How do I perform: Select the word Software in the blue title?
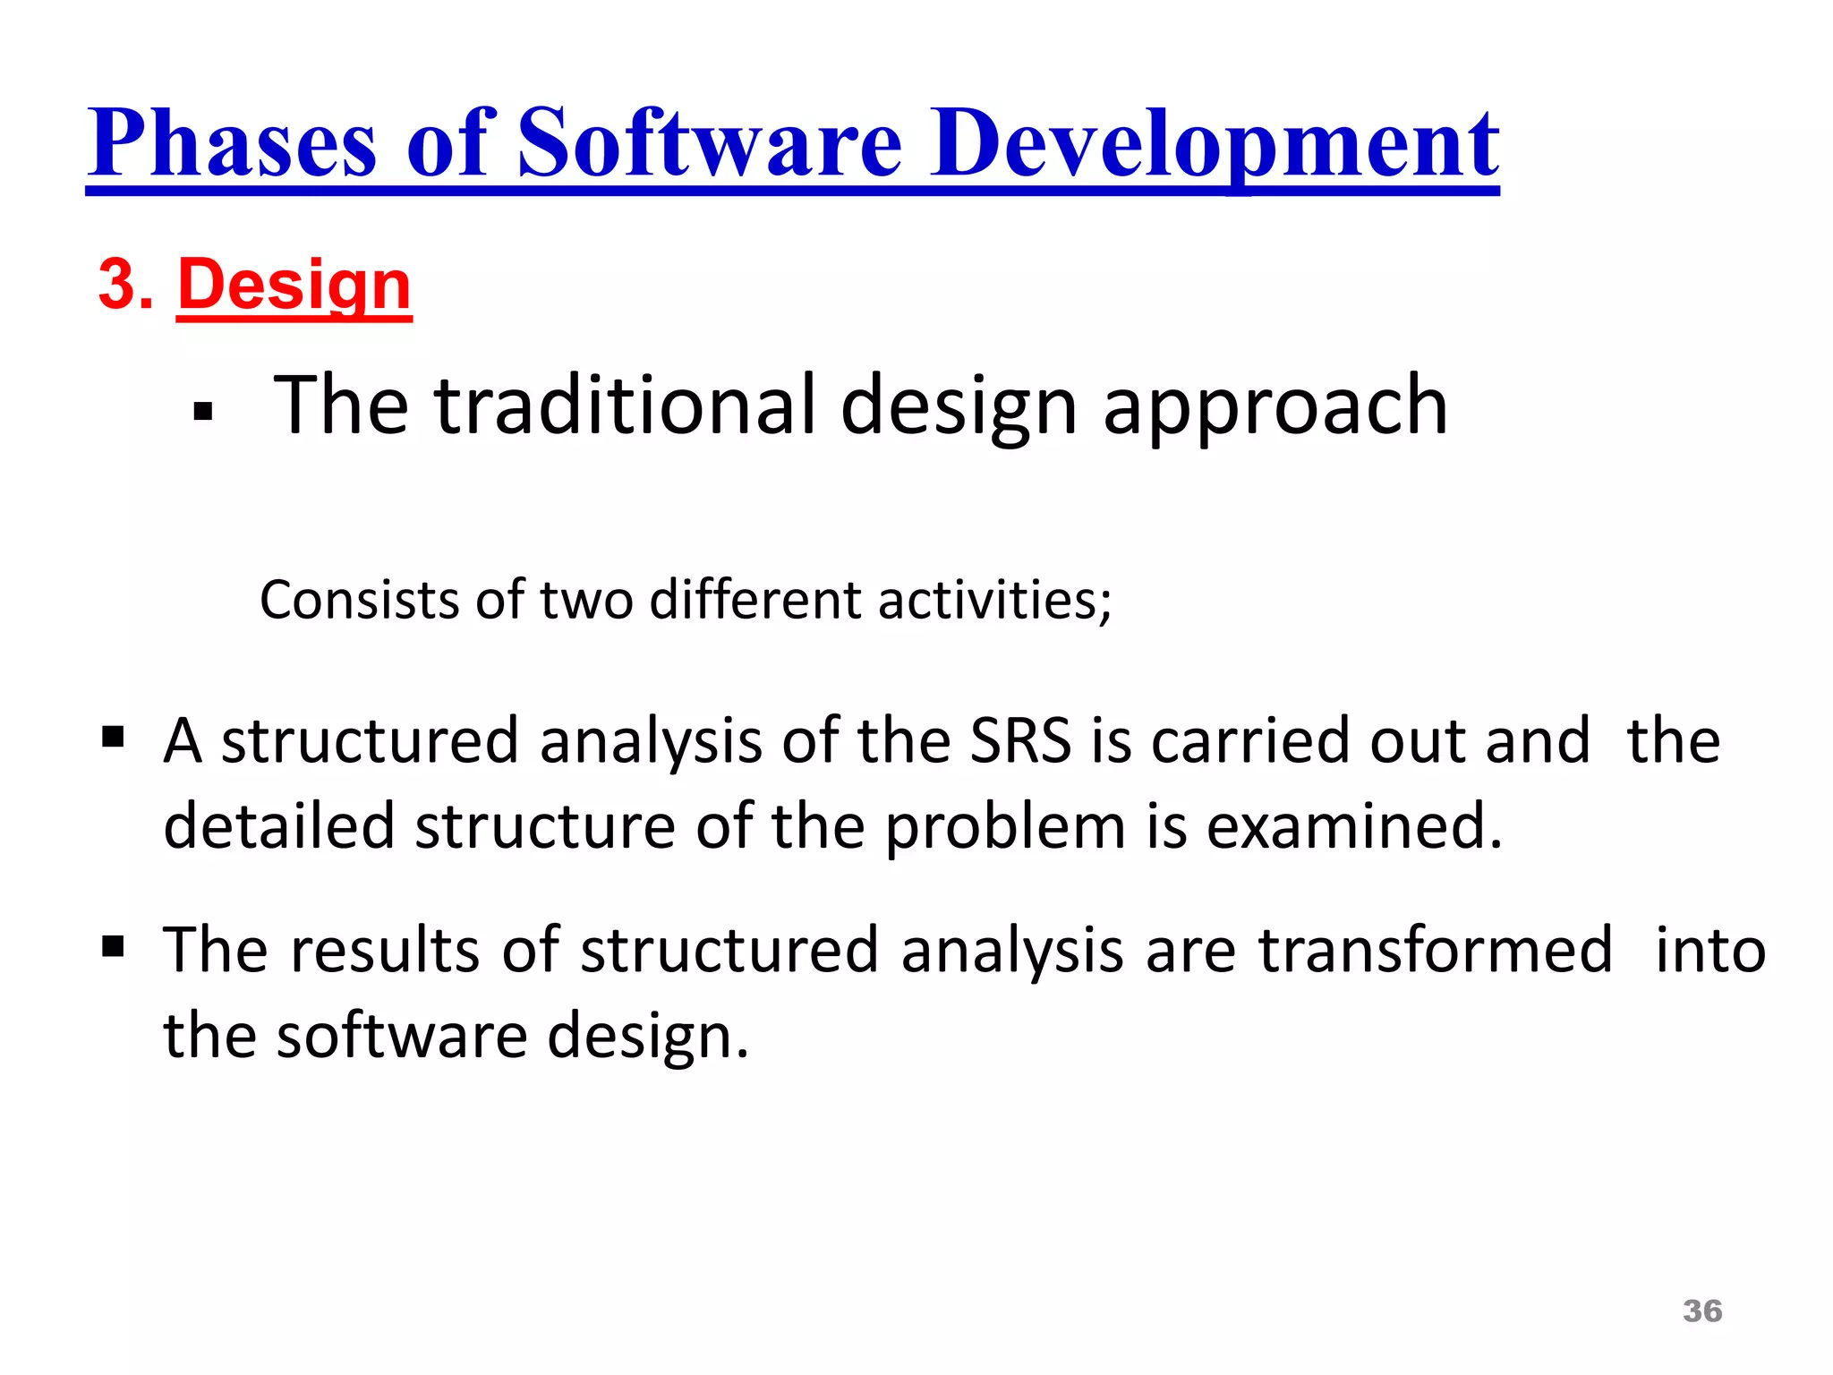710,143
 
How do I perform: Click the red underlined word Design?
294,285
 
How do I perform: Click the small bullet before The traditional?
203,412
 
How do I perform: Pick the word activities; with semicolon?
994,600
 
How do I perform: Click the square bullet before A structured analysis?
113,738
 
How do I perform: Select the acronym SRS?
1020,741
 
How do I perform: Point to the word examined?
1352,825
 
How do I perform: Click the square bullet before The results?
113,946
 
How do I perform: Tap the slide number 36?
1701,1311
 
